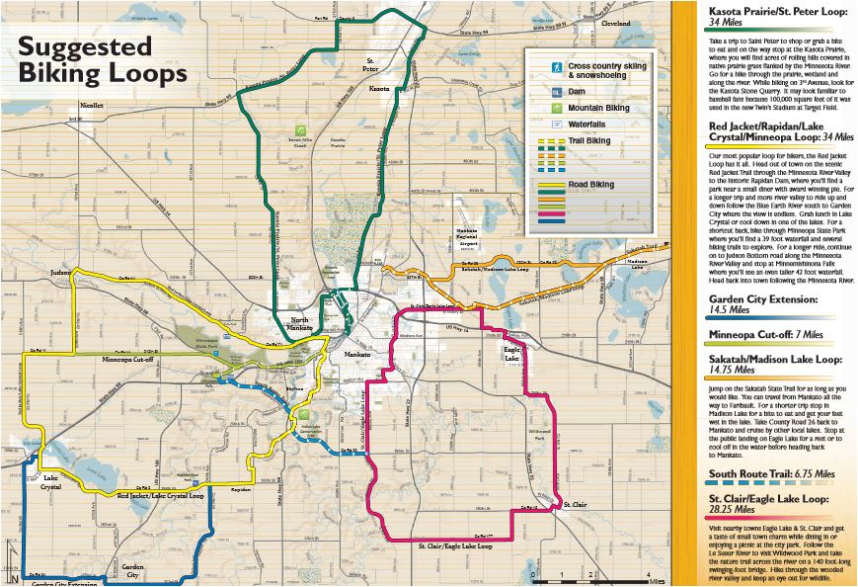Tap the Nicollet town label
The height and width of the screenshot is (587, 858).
(x=92, y=105)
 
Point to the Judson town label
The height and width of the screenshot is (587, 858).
(x=59, y=270)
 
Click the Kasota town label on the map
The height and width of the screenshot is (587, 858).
(x=379, y=89)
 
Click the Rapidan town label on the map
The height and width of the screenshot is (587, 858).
(x=242, y=489)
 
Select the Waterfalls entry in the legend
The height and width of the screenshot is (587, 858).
(x=586, y=125)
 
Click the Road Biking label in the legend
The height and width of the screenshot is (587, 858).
(x=589, y=185)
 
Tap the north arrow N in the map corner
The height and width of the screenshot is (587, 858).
(x=13, y=577)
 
